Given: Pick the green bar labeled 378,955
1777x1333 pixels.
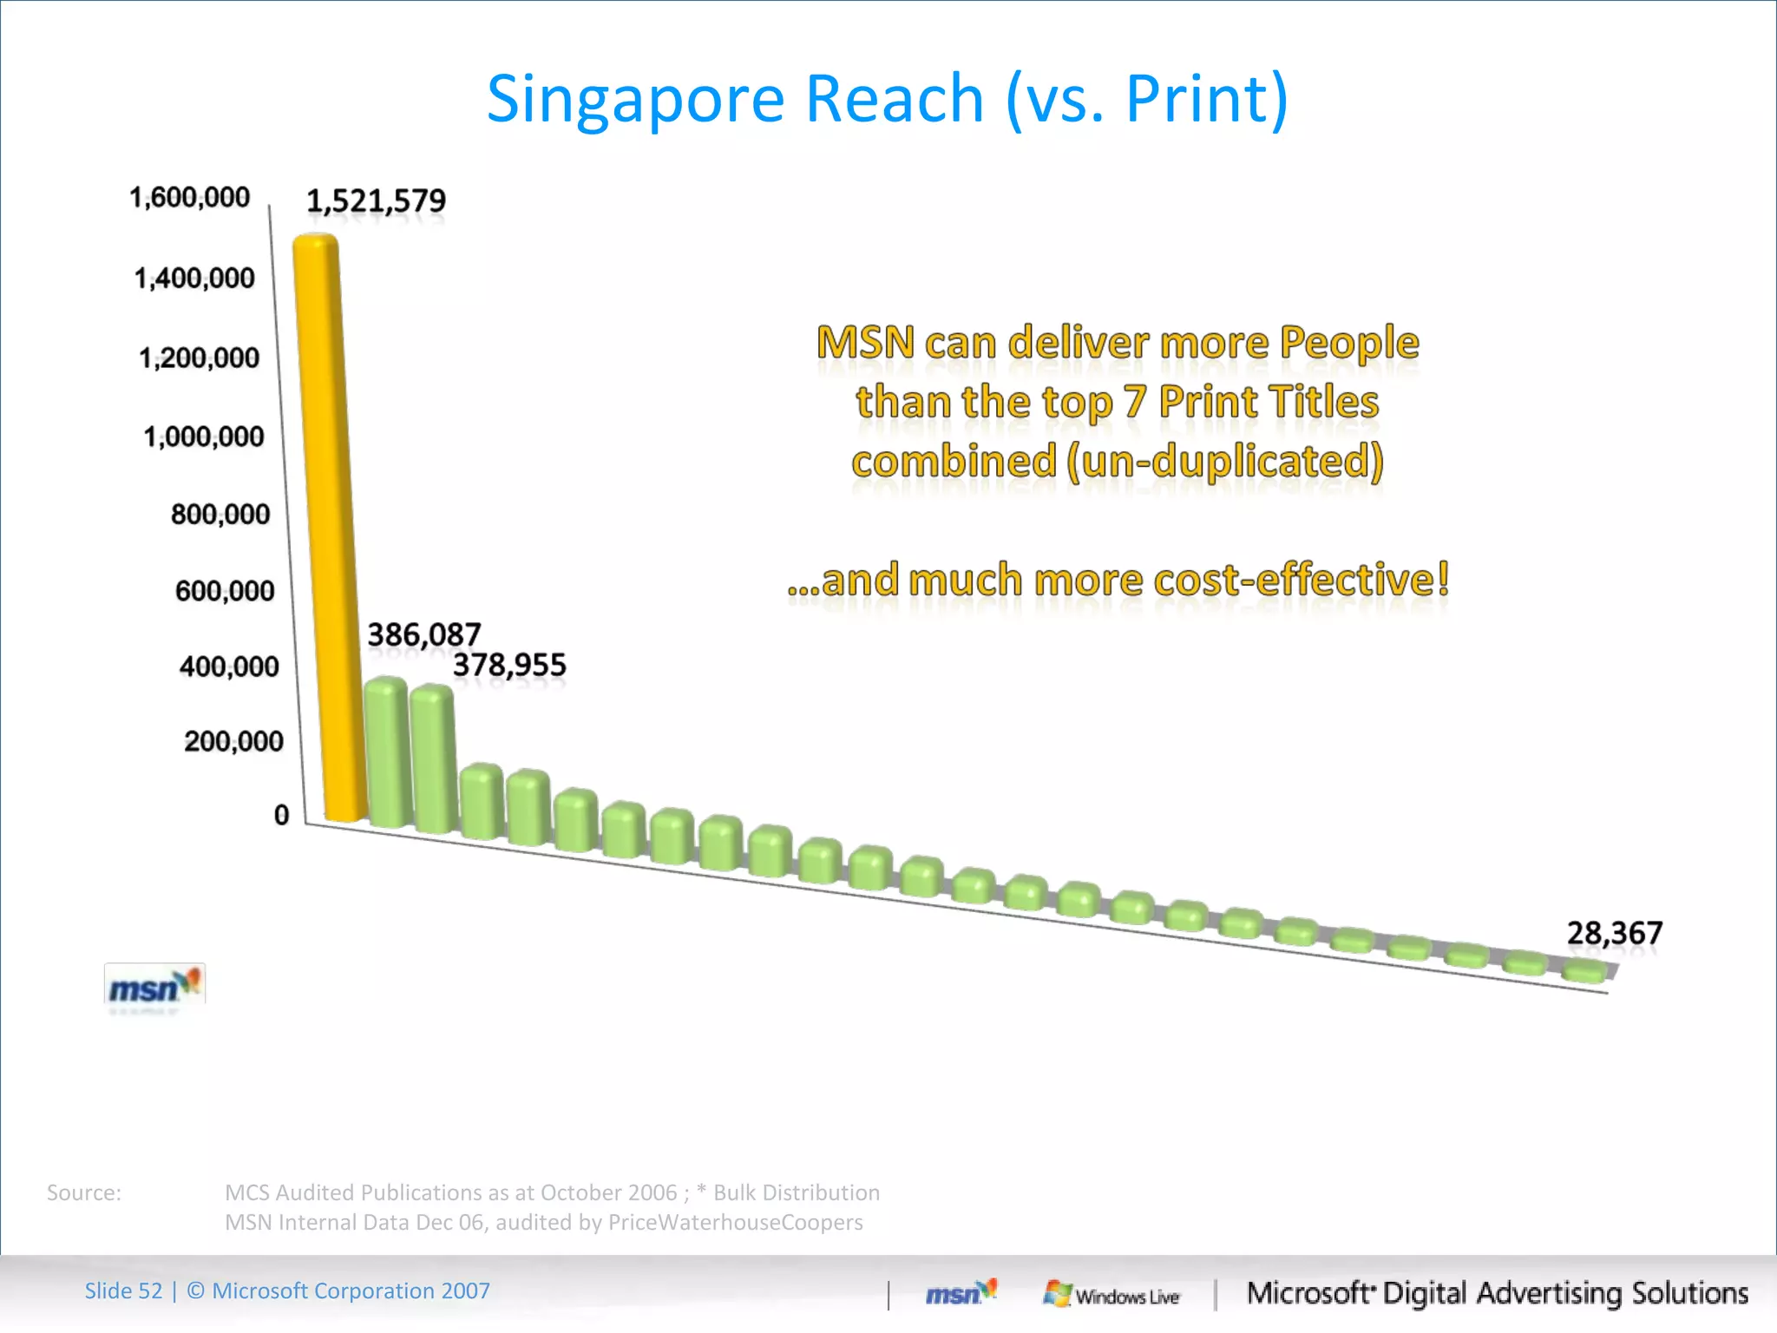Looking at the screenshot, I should (432, 759).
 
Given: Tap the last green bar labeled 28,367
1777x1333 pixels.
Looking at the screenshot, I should (1584, 971).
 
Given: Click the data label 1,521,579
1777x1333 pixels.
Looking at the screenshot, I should (376, 201).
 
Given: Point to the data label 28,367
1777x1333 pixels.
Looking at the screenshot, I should (1614, 934).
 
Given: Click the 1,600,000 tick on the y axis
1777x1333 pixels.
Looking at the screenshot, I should (189, 198).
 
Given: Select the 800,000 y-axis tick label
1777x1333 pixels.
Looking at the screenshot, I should (220, 515).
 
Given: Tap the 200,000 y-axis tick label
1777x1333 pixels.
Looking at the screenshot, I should (233, 742).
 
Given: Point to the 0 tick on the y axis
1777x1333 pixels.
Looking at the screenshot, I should (281, 816).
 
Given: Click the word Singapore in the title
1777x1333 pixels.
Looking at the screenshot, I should (635, 100).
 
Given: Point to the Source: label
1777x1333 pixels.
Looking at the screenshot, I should (84, 1193).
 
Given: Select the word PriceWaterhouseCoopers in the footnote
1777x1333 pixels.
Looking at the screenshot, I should (735, 1223).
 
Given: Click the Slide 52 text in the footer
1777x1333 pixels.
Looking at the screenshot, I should (123, 1291).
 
